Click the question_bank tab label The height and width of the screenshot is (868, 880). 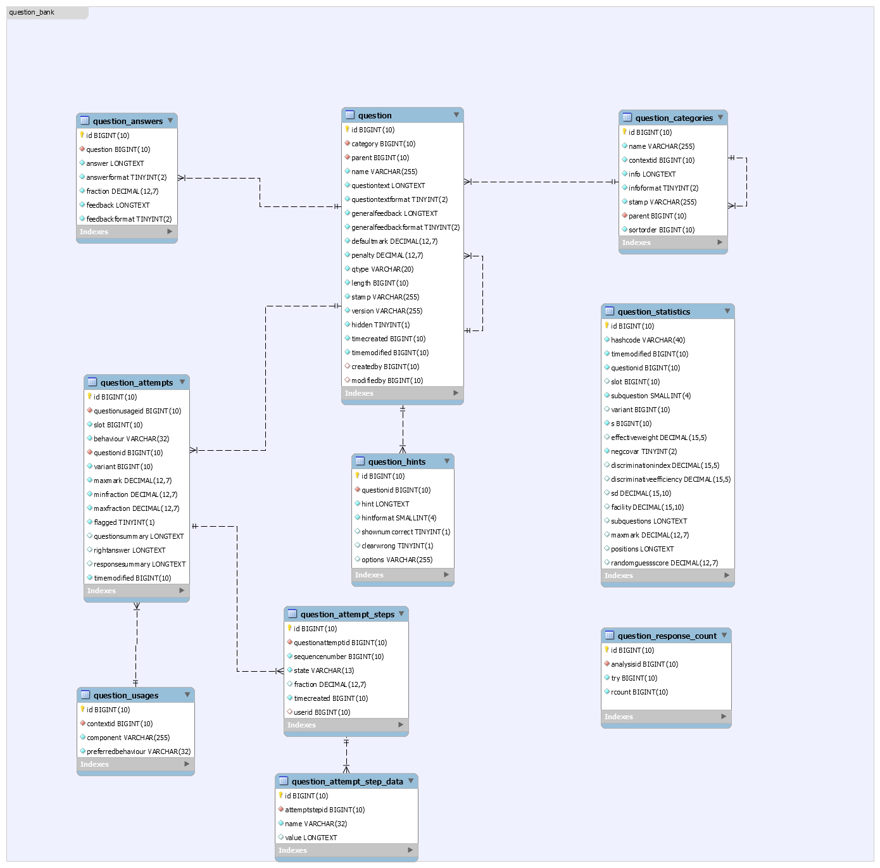pos(32,12)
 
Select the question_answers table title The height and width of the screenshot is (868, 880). pos(128,121)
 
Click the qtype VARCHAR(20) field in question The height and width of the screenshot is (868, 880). pos(382,269)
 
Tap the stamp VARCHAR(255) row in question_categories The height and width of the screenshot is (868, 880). pos(662,202)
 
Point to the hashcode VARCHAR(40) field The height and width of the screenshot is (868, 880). pos(648,340)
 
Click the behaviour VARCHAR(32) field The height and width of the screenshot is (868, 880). pos(132,439)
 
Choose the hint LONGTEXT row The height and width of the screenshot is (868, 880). pos(385,504)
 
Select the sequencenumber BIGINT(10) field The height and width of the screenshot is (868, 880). pos(339,657)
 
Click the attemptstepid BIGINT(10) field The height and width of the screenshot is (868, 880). pos(325,810)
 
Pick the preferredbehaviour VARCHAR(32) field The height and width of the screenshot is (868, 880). pos(139,752)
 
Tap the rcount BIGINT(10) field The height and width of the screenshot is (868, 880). pos(639,691)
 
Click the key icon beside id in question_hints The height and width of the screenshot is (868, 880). pos(358,475)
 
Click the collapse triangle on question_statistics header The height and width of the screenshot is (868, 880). pos(727,311)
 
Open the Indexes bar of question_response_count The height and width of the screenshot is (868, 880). pos(666,716)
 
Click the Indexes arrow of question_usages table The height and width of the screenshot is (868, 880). pos(187,764)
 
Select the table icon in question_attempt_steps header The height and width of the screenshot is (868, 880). pos(292,613)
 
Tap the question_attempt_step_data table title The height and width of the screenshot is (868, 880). pos(347,782)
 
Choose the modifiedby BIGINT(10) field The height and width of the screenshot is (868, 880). pos(387,381)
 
